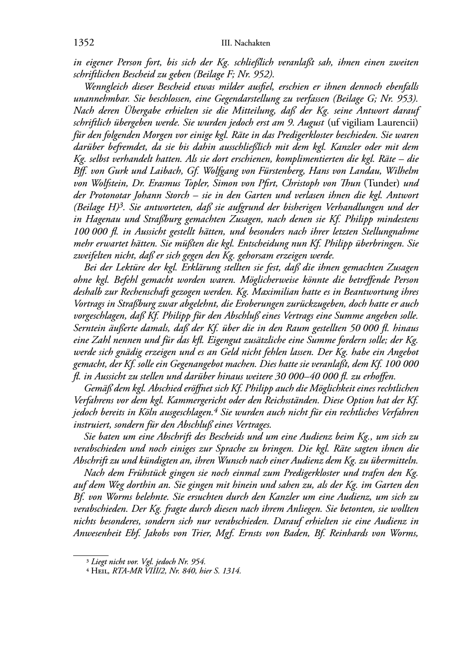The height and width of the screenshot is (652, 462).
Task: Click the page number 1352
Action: point(84,43)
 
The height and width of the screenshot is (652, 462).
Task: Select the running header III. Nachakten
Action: point(245,44)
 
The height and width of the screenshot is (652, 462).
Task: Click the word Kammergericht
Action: point(192,400)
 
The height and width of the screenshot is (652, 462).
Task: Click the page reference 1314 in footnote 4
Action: point(231,571)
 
